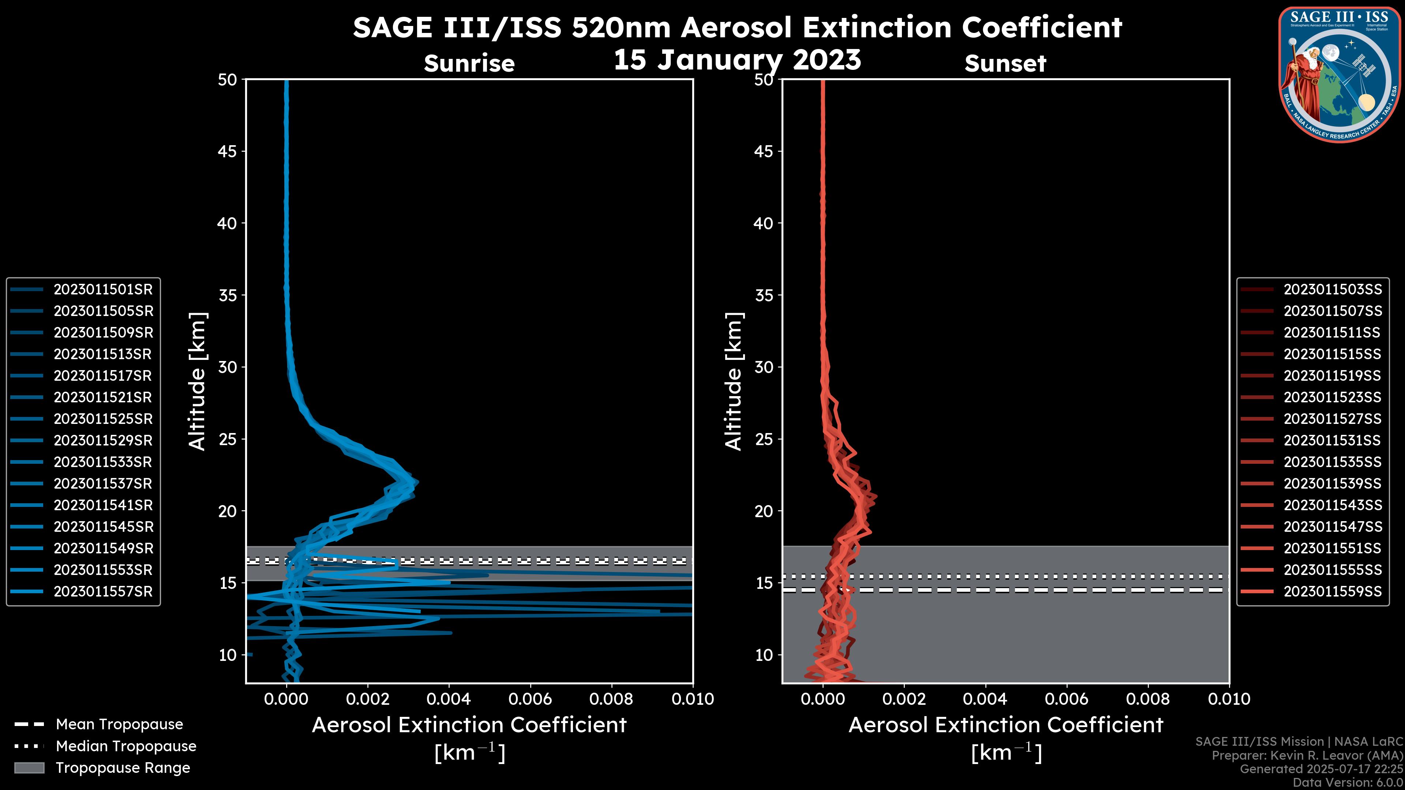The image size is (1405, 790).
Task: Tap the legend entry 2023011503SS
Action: coord(1333,290)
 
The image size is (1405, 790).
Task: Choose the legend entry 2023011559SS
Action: coord(1333,591)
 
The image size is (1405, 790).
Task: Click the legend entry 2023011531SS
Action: coord(1333,440)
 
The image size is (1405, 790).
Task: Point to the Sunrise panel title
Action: coord(469,64)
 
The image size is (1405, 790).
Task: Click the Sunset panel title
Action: coord(1005,64)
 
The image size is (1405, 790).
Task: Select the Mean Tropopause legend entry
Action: coord(119,725)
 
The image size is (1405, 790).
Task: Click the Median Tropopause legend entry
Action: coord(125,746)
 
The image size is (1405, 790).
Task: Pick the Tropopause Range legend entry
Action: coord(123,768)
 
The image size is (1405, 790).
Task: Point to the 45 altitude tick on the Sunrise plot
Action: coord(228,151)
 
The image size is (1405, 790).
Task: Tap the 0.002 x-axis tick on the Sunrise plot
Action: coord(368,699)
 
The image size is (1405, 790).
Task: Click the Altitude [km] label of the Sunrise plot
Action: coord(197,381)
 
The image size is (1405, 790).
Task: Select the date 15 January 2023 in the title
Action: coord(737,60)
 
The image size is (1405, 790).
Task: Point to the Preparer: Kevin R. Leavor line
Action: coord(1307,756)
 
